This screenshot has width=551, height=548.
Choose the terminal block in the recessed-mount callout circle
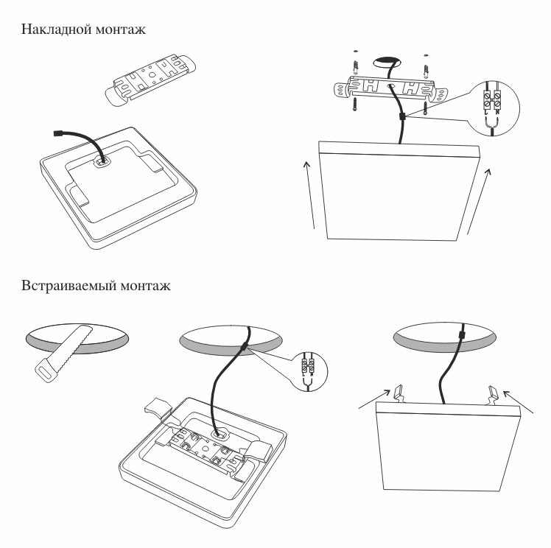306,365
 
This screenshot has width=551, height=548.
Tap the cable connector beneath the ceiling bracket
402,116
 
